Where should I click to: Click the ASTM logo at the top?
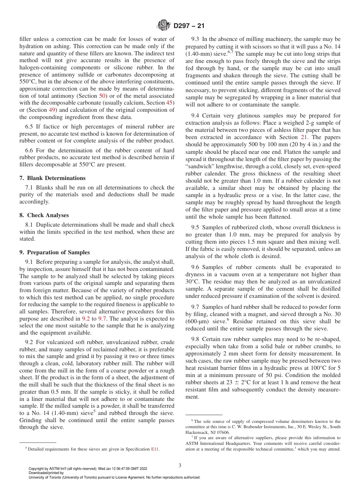(x=164, y=26)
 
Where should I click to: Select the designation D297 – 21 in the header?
(x=189, y=26)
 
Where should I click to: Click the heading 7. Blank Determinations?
(x=52, y=178)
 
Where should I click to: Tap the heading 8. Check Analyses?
(x=44, y=215)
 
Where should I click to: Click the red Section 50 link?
(x=103, y=96)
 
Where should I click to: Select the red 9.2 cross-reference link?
(x=86, y=319)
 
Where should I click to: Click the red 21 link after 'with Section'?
(x=304, y=137)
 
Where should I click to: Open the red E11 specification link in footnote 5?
(x=155, y=449)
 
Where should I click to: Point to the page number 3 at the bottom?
(x=180, y=465)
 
